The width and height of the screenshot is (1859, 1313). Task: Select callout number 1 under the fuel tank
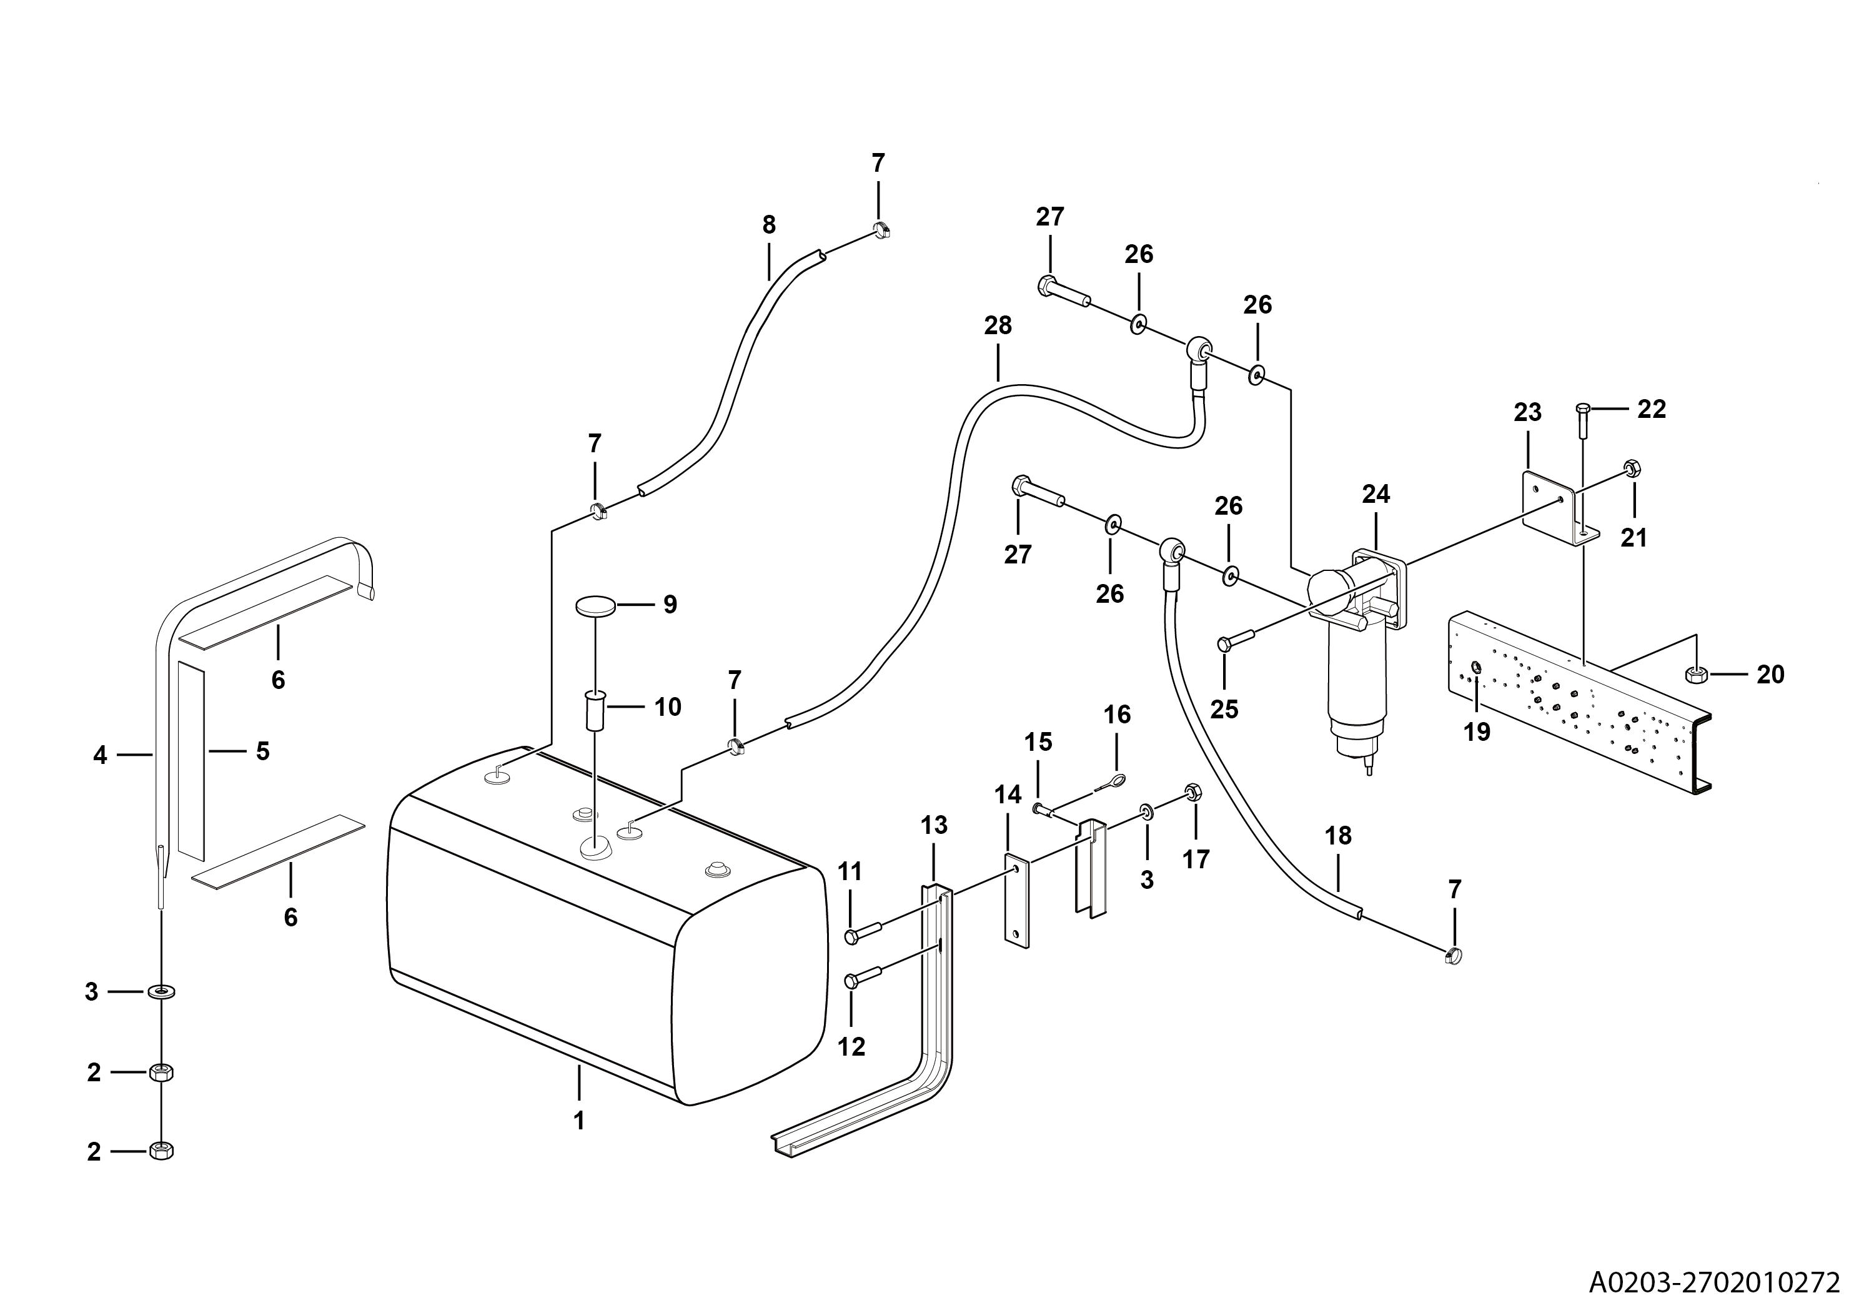tap(579, 1121)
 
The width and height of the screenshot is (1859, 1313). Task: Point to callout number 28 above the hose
tap(998, 325)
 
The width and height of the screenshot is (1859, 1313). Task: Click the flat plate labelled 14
tap(1016, 901)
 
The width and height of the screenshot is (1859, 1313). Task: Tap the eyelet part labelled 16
tap(1114, 780)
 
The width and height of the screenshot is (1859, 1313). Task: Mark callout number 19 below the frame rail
tap(1477, 732)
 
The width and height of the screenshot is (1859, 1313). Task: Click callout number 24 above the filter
tap(1376, 494)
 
